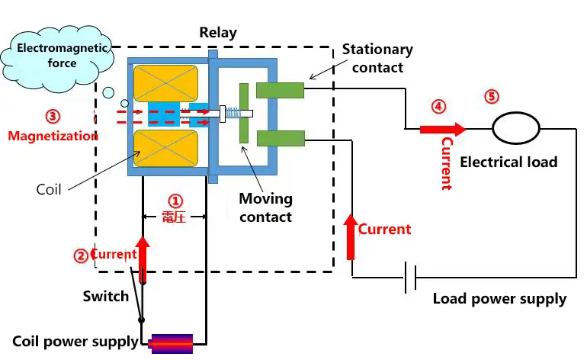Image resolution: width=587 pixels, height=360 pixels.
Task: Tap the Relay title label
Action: pos(218,33)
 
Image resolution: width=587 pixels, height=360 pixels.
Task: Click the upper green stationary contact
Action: pos(280,91)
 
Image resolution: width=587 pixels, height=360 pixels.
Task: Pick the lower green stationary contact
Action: pos(280,138)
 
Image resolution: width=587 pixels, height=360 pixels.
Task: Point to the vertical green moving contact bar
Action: pos(244,113)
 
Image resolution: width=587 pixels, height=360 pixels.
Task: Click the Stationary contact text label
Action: pos(377,58)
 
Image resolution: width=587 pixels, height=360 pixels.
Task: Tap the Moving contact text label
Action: pos(265,207)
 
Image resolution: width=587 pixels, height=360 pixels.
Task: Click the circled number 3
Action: pos(52,117)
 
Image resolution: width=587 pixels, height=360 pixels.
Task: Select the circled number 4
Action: pos(438,106)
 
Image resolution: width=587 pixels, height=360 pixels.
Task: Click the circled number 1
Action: pos(175,201)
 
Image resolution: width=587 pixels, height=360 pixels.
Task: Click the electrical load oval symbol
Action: pos(515,128)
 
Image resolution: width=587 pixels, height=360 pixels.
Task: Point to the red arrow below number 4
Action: pos(441,129)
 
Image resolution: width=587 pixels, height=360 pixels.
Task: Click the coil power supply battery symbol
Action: pos(172,342)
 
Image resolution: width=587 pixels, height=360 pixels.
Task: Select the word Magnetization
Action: pos(53,136)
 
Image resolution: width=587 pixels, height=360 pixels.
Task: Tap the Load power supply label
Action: pos(499,298)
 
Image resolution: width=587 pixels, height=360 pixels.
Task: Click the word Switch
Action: pos(105,296)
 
